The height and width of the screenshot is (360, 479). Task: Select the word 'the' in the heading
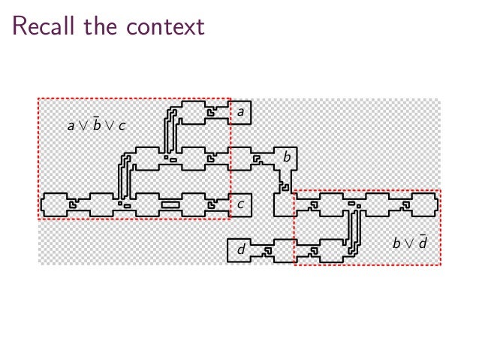point(99,26)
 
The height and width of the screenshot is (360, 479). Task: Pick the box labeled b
point(286,157)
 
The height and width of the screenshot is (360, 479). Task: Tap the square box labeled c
point(240,204)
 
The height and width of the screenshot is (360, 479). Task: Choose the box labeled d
point(240,249)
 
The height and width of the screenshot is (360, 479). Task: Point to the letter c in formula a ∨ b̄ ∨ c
point(122,126)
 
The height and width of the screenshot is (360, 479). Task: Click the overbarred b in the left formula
point(96,125)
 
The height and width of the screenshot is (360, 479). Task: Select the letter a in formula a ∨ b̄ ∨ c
point(71,126)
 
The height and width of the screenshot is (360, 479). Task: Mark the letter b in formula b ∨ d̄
point(396,243)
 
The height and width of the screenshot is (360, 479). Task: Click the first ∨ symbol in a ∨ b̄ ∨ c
point(83,126)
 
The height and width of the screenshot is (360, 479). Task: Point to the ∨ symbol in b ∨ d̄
point(409,244)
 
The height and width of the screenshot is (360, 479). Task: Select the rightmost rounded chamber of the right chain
point(425,204)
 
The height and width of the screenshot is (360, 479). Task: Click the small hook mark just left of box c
point(212,204)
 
